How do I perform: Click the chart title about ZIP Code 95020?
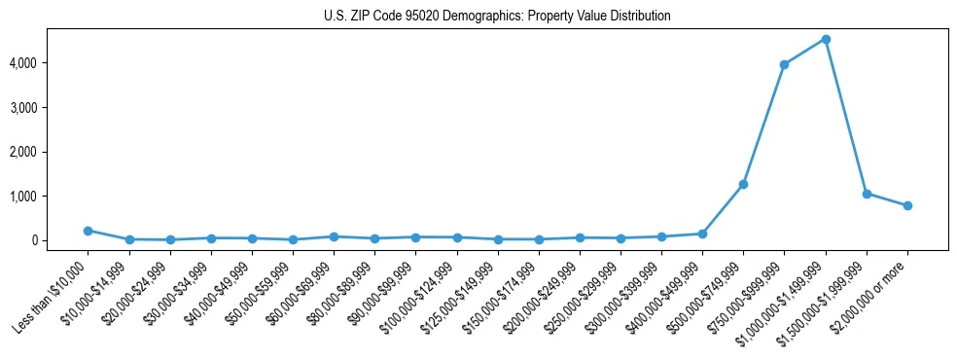[x=497, y=17]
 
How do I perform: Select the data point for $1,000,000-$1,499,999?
[x=825, y=39]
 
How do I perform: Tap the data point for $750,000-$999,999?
[x=784, y=64]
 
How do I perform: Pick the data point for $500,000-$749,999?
[x=743, y=184]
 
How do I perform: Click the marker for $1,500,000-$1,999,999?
[x=866, y=194]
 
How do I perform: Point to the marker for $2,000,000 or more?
[x=906, y=205]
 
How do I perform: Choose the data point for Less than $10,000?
[x=88, y=231]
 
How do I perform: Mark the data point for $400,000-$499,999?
[x=702, y=234]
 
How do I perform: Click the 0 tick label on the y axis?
[x=61, y=240]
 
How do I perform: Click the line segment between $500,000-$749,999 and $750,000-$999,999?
[x=763, y=125]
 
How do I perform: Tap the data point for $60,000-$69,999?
[x=334, y=236]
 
